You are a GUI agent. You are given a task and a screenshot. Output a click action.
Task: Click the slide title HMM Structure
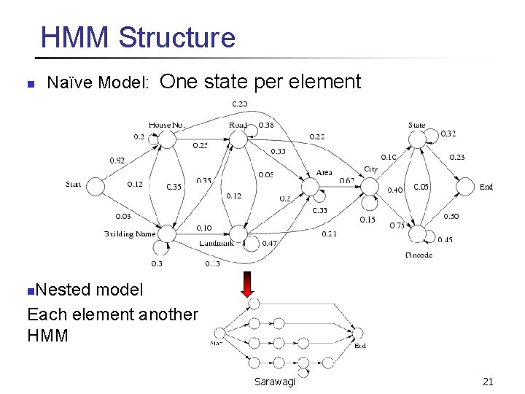[x=138, y=36]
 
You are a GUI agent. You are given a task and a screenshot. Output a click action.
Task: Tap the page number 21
[x=488, y=382]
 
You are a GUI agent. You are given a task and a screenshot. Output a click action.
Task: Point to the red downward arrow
[x=247, y=283]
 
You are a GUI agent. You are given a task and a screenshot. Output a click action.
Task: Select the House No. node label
[x=166, y=125]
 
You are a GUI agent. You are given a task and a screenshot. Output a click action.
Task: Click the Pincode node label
[x=419, y=255]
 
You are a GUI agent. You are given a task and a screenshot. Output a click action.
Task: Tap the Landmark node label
[x=217, y=243]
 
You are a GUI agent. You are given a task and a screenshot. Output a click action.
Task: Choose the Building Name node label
[x=130, y=234]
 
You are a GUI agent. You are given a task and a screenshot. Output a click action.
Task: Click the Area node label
[x=324, y=173]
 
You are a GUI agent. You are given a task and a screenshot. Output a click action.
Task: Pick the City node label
[x=371, y=169]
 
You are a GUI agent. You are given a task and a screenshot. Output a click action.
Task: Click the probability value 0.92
[x=117, y=161]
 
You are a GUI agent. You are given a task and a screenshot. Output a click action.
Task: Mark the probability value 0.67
[x=346, y=181]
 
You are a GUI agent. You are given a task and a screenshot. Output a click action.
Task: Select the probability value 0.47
[x=269, y=243]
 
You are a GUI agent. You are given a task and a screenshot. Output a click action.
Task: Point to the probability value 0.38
[x=266, y=125]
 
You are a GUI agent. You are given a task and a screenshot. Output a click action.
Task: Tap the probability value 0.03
[x=123, y=216]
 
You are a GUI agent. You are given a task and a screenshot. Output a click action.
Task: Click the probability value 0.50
[x=451, y=216]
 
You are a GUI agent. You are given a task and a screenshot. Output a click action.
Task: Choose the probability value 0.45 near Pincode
[x=445, y=240]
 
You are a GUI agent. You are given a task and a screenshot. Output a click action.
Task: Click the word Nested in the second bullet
[x=63, y=290]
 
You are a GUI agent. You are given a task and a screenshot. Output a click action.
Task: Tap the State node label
[x=417, y=125]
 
